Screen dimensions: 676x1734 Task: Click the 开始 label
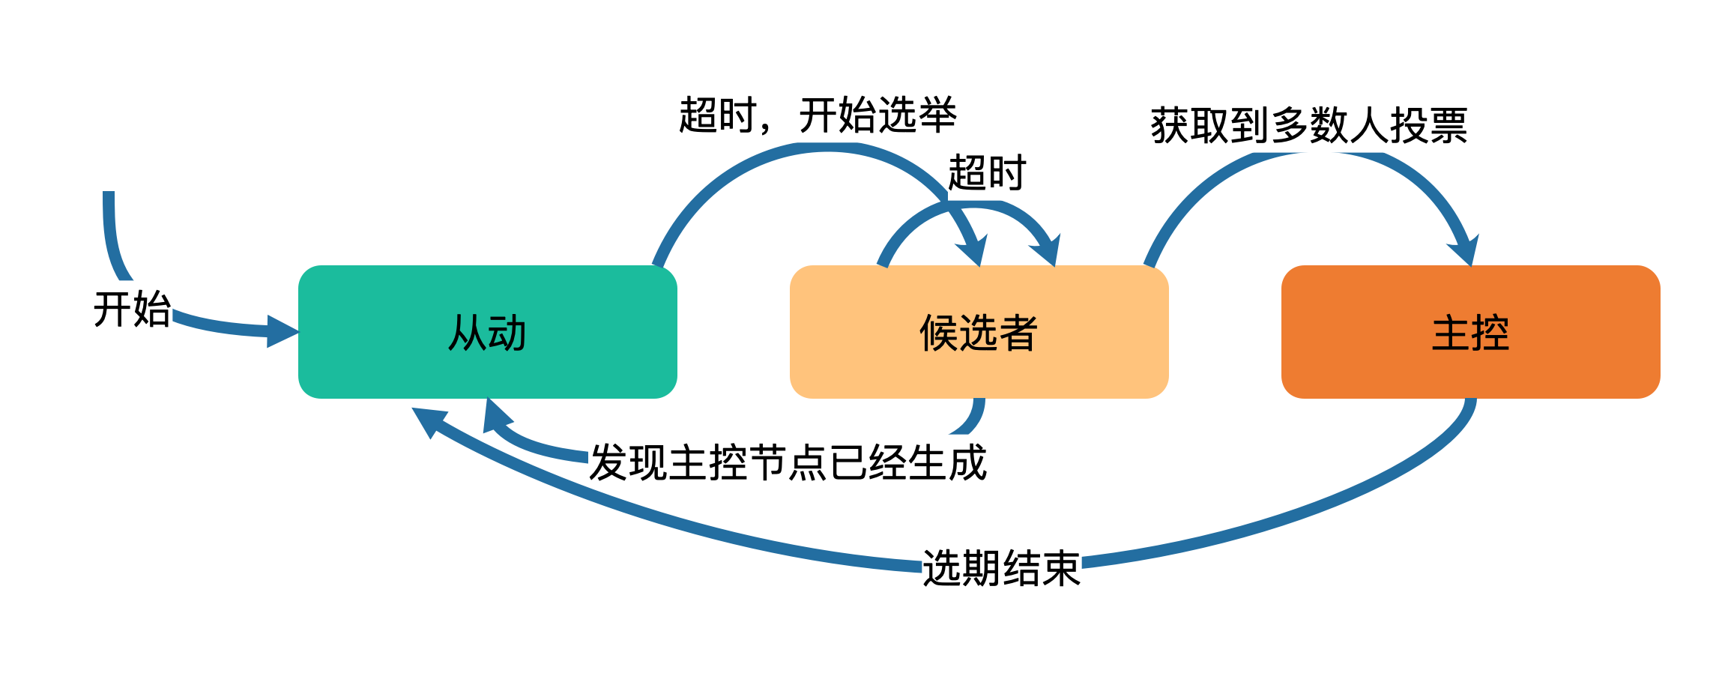point(132,309)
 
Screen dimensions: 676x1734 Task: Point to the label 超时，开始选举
point(818,115)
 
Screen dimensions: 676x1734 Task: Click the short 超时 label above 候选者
point(986,173)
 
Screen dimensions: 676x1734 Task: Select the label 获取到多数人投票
point(1308,125)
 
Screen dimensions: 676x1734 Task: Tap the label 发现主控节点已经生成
point(788,462)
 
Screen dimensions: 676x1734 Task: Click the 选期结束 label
point(1000,568)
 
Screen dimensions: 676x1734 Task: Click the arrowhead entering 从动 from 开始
point(283,331)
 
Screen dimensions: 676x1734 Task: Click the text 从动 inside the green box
point(487,333)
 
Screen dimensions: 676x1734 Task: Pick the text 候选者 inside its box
point(979,333)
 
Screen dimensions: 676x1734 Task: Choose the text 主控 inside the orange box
point(1470,333)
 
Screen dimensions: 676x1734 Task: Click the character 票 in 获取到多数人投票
point(1448,125)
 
